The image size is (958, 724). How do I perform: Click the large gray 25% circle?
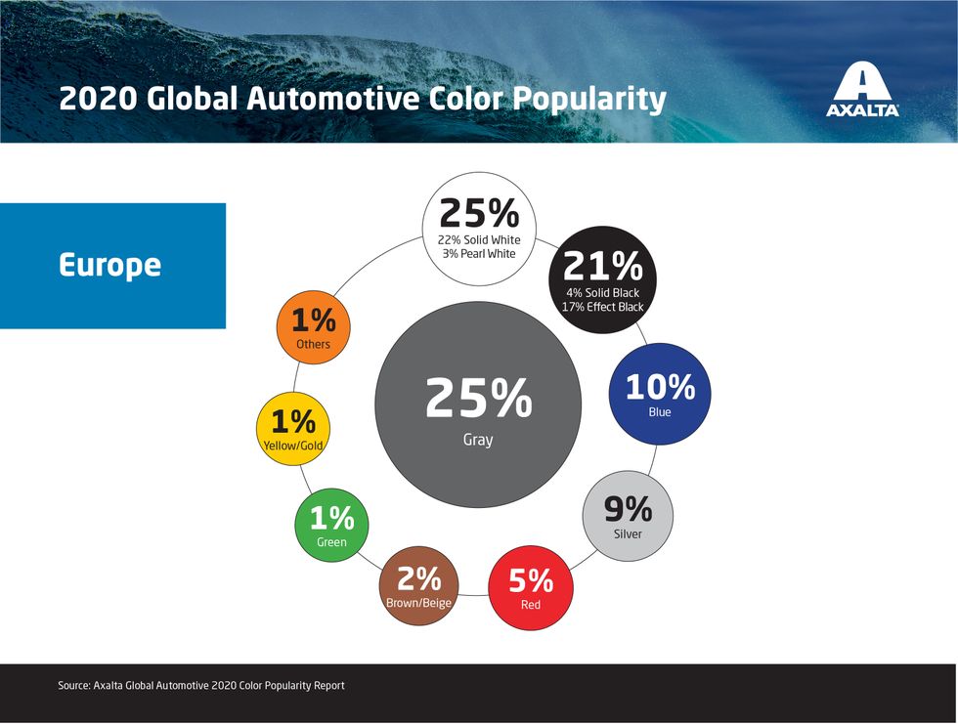coord(478,405)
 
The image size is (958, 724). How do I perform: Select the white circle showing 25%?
coord(479,229)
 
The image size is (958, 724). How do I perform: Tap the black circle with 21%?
coord(603,280)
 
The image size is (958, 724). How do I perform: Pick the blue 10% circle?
coord(660,394)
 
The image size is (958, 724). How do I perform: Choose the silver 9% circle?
coord(628,516)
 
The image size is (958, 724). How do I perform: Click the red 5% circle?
coord(530,588)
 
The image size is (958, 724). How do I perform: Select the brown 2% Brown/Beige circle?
coord(418,586)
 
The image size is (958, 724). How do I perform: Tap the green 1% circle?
coord(331,525)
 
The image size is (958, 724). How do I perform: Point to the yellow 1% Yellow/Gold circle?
coord(293,429)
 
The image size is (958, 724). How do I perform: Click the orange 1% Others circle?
coord(314,327)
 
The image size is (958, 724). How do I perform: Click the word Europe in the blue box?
coord(109,266)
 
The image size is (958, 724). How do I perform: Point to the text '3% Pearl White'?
coord(479,253)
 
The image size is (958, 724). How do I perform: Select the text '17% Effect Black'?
coord(602,307)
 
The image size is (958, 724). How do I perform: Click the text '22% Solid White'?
coord(479,240)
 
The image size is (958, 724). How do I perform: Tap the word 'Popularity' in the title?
coord(588,100)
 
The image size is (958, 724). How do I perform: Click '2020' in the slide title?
coord(98,99)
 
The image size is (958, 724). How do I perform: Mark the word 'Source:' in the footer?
coord(74,686)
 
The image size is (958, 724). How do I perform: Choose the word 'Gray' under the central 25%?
coord(478,440)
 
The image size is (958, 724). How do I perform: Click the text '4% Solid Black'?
coord(602,293)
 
